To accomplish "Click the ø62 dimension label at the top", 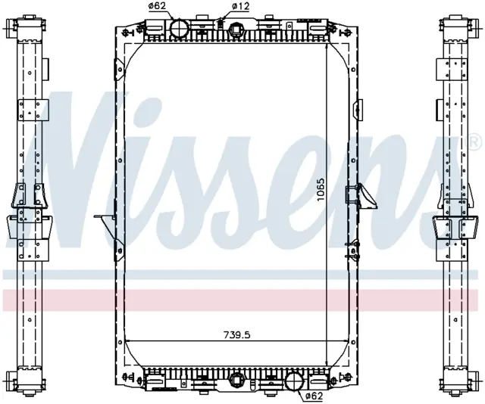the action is click(x=158, y=6).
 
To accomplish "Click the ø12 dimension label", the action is click(x=240, y=6).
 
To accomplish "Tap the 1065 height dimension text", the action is click(x=321, y=190).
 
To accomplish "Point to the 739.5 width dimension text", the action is click(x=236, y=334).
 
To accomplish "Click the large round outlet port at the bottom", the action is click(x=294, y=381).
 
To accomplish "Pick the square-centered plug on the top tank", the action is click(x=236, y=30).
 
